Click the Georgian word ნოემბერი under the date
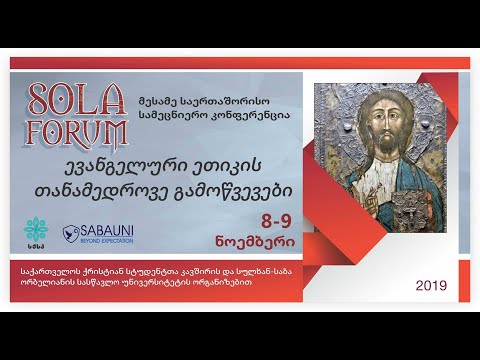click(270, 242)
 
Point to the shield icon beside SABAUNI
click(71, 232)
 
